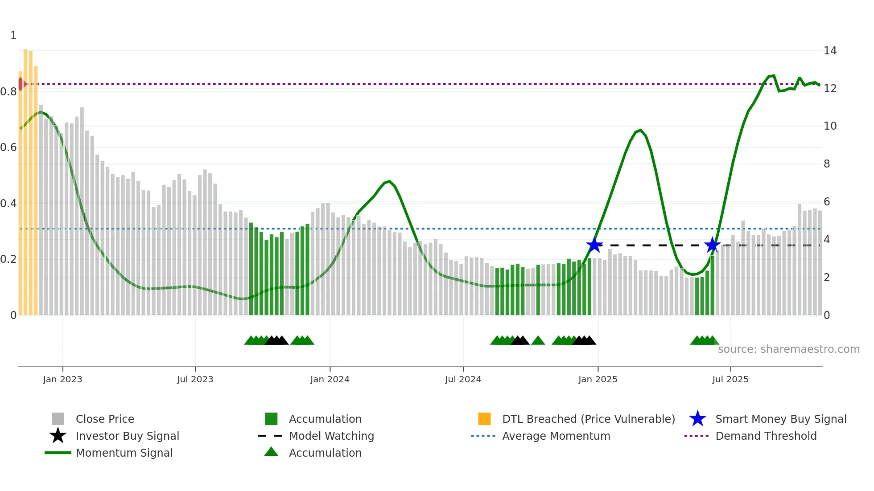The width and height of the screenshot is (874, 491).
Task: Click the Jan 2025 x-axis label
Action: pos(598,379)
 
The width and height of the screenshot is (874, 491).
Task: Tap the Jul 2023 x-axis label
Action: pos(195,379)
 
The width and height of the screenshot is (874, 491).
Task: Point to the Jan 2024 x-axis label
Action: pos(330,379)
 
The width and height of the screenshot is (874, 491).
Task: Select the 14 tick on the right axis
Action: pos(830,51)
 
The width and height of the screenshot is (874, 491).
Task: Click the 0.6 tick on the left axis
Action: pos(8,147)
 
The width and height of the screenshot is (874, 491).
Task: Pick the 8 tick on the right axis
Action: pos(827,164)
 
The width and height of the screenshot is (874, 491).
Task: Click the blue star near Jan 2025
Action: pos(594,245)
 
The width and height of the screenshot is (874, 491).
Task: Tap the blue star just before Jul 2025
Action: pos(712,245)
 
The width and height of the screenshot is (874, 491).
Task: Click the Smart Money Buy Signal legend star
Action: pos(697,419)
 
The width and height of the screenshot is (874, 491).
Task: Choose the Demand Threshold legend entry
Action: pos(766,436)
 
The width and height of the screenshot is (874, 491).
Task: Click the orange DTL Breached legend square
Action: pos(484,419)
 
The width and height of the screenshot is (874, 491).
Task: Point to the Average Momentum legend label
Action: pos(556,436)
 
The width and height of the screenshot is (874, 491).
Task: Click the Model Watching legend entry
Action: pos(331,436)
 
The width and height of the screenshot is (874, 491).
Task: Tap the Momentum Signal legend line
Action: pos(58,453)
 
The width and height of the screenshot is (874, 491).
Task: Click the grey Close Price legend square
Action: pos(58,419)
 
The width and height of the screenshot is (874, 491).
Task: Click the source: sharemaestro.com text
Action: pos(788,349)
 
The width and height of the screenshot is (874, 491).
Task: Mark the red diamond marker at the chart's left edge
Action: pos(21,84)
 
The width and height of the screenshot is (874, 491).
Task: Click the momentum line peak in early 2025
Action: pos(640,130)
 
